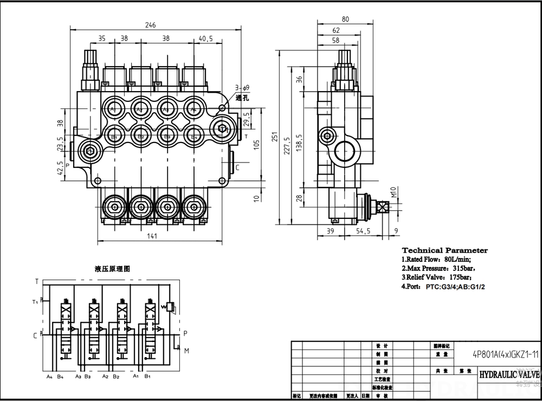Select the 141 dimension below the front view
pyautogui.click(x=152, y=236)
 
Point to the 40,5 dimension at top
pyautogui.click(x=205, y=38)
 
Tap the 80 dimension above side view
pyautogui.click(x=345, y=20)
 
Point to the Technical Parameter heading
pyautogui.click(x=444, y=250)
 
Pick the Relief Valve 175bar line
pyautogui.click(x=439, y=277)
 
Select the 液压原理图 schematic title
pyautogui.click(x=112, y=269)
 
